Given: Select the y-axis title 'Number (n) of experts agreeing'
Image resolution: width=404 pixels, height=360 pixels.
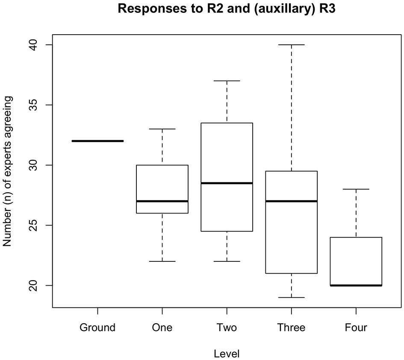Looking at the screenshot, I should pos(7,171).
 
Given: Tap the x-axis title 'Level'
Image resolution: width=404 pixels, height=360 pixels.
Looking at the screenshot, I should pos(227,354).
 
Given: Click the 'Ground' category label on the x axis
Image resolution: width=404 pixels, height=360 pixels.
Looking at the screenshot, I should pos(97,328).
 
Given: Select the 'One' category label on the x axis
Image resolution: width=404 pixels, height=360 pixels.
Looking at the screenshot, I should pos(162,328).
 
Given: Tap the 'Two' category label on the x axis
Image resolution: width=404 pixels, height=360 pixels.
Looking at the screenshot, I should pos(227,328).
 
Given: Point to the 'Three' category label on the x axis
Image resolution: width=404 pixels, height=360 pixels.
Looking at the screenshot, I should pos(291,328).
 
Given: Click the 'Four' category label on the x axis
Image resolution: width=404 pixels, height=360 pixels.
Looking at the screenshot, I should pos(356,328).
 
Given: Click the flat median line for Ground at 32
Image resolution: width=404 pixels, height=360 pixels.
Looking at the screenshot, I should pos(97,141).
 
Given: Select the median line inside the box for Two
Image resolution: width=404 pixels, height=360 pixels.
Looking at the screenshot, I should pos(227,183).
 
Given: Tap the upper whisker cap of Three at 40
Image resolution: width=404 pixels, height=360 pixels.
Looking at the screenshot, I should pos(291,44).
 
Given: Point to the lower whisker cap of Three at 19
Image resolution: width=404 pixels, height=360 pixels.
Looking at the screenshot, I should pos(291,297).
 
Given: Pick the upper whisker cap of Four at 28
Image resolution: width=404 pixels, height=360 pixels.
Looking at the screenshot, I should pos(356,189).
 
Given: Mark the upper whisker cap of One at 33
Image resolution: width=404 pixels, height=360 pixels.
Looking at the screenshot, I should pos(162,129).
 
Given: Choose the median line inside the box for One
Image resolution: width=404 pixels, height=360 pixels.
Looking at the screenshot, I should pos(162,201).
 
